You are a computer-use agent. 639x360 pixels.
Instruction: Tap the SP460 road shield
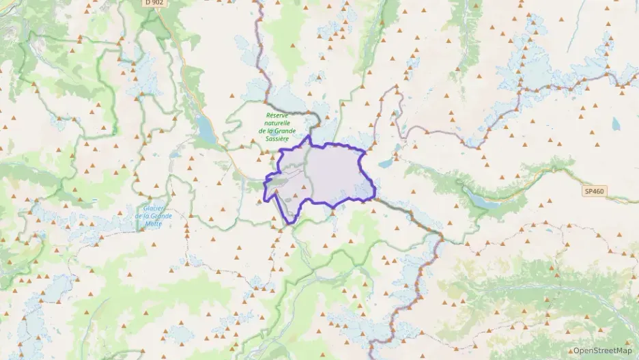click(593, 191)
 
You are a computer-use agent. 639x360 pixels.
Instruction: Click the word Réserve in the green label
click(279, 115)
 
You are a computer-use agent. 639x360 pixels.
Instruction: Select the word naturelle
click(277, 123)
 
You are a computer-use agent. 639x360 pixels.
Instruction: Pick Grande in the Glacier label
click(163, 216)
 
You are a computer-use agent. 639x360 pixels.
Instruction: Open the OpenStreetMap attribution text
click(602, 350)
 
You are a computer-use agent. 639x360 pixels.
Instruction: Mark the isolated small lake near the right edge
click(616, 124)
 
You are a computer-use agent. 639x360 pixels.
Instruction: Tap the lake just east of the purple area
click(386, 164)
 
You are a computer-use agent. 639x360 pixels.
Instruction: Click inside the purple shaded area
click(335, 174)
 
